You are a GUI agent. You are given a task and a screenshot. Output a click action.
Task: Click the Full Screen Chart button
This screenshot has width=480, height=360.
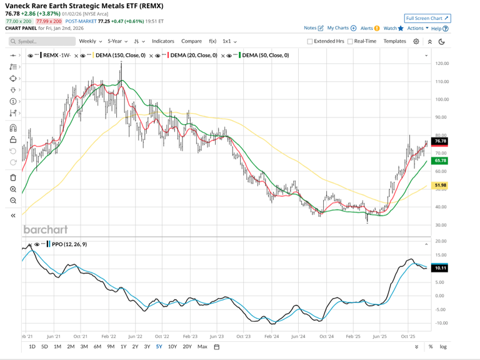(x=427, y=19)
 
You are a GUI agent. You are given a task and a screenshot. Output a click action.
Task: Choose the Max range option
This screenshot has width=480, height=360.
(x=202, y=346)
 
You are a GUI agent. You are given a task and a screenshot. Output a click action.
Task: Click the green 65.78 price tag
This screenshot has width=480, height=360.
(x=441, y=161)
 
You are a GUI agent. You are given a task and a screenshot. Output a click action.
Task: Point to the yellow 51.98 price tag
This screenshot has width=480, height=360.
(x=441, y=185)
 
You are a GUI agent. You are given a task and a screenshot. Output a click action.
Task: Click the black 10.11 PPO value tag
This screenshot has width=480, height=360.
(x=441, y=268)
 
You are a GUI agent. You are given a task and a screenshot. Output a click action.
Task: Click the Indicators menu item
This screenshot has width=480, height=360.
(x=163, y=41)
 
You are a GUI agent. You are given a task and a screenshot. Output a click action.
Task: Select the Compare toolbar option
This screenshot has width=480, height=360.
(x=192, y=41)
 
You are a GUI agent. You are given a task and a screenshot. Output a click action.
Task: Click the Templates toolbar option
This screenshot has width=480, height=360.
(x=394, y=41)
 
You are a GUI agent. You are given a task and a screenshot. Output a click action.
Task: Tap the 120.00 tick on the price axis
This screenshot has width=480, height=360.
(x=442, y=63)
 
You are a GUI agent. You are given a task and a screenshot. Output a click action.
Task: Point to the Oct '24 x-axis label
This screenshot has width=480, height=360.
(x=326, y=336)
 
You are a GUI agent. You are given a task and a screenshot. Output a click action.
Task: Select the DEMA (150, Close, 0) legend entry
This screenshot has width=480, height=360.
(x=121, y=56)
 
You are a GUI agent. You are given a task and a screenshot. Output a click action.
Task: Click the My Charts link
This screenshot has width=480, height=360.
(x=341, y=28)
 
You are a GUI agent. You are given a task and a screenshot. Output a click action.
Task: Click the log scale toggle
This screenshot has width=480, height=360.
(x=443, y=346)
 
